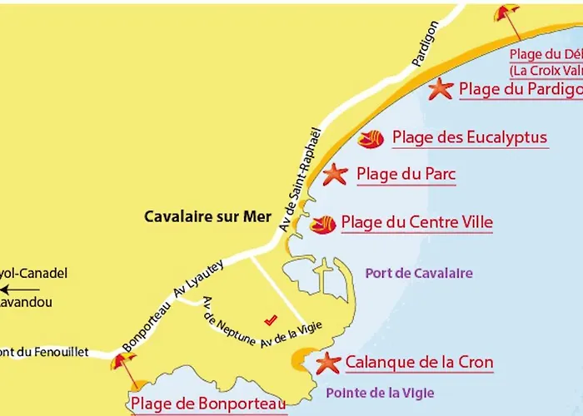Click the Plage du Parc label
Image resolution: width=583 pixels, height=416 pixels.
point(406,175)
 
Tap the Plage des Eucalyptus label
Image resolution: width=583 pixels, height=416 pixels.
point(470,137)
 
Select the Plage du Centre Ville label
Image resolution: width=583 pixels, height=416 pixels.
point(416,223)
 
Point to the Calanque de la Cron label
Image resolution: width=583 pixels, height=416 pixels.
point(419,363)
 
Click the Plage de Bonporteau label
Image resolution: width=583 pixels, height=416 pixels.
point(208,404)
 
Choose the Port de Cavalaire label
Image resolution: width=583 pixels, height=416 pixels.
point(419,273)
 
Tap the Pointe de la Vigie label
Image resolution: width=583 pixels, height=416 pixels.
point(380,393)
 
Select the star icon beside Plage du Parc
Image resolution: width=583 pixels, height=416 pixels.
point(335,175)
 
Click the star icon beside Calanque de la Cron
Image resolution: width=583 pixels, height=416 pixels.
point(329,363)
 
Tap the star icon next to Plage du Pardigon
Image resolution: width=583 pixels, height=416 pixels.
point(440,89)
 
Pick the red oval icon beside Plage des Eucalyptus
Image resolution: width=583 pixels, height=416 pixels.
point(371,139)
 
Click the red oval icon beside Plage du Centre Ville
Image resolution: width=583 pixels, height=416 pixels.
point(322,224)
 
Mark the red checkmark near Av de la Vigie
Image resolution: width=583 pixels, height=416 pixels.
point(269,319)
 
